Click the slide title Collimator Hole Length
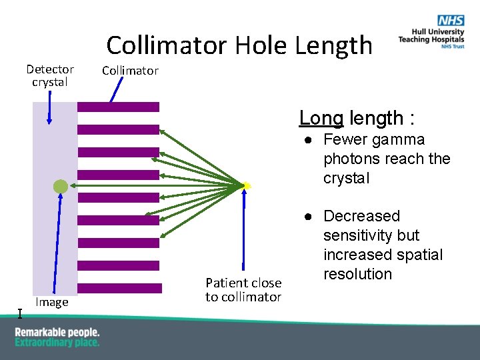click(x=239, y=45)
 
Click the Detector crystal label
click(x=50, y=75)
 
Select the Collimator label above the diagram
click(x=130, y=70)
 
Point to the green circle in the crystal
click(x=61, y=187)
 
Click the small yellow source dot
click(x=246, y=185)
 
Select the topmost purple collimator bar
click(x=119, y=107)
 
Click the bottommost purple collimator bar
click(x=120, y=288)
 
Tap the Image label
click(x=52, y=302)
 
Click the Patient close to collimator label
click(x=243, y=290)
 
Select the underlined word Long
click(x=321, y=118)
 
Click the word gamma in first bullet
click(x=398, y=139)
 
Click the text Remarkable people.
click(x=57, y=332)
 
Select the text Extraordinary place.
click(x=57, y=343)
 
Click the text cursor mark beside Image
click(x=20, y=314)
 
